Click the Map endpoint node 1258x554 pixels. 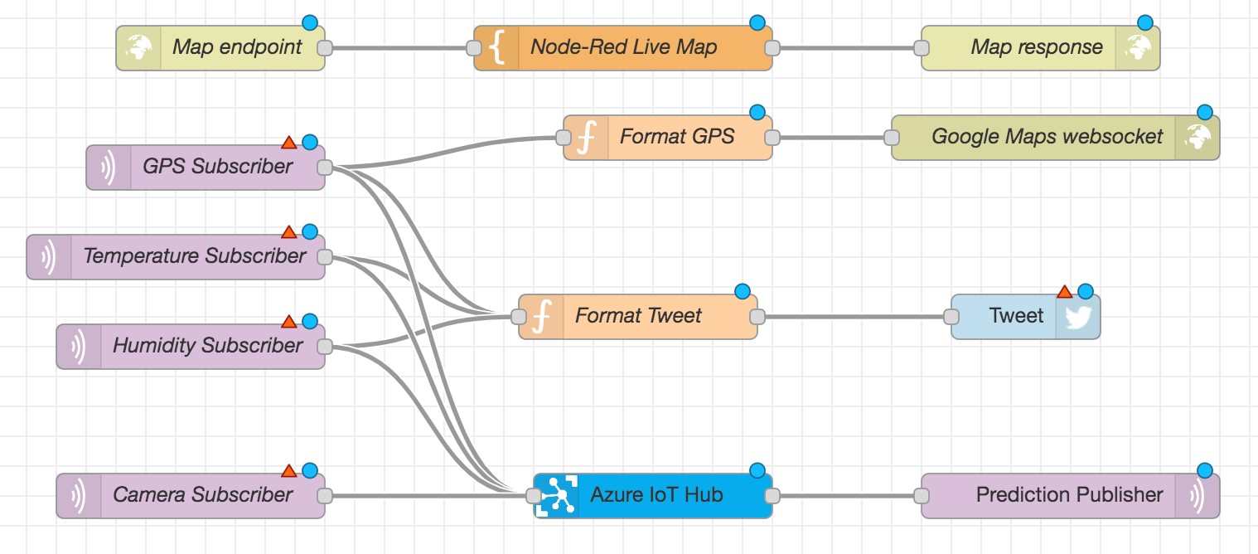(236, 47)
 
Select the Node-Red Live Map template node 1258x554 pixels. (623, 47)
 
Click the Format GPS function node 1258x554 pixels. (676, 137)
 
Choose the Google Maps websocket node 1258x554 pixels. (1046, 137)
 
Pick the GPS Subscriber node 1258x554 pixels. (217, 167)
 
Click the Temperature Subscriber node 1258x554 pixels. (194, 256)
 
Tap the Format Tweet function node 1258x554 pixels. (638, 316)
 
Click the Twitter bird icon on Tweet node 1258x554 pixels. (1077, 317)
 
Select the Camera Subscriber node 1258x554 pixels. (202, 495)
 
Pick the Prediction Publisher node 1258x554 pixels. (1069, 495)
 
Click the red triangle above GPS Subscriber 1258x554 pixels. (288, 143)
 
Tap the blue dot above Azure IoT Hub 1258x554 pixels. (757, 471)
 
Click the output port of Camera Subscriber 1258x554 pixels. (325, 496)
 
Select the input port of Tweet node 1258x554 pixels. (951, 316)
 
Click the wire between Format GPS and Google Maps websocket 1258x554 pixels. (831, 137)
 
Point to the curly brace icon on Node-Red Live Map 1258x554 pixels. (496, 47)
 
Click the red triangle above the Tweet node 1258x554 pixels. (1065, 292)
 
